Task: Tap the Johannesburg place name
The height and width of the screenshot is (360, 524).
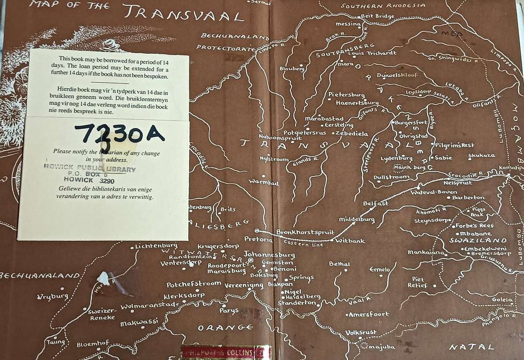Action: [269, 254]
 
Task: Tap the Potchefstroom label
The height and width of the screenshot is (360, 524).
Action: [194, 284]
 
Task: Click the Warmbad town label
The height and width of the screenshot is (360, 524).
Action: [263, 183]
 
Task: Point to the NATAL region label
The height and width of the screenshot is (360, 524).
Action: [472, 347]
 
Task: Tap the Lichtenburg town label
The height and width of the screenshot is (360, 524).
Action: [156, 246]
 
